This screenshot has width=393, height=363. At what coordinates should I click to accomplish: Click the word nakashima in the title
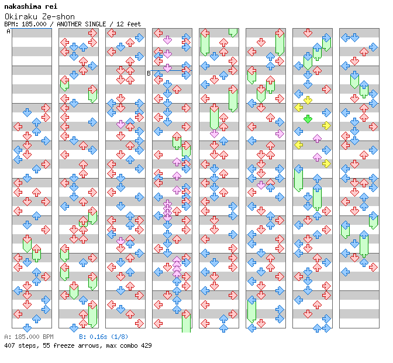(23, 6)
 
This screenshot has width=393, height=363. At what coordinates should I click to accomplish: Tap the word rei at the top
(51, 6)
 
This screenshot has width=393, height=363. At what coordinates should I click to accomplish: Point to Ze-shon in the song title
(58, 16)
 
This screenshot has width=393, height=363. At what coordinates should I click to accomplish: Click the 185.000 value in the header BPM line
(34, 24)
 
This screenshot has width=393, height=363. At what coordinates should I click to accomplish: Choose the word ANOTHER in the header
(69, 24)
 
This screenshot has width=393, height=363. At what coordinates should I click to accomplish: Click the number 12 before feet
(120, 24)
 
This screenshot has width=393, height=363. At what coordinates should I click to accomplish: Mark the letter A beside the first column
(8, 32)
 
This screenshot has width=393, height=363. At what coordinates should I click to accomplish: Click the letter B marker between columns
(149, 73)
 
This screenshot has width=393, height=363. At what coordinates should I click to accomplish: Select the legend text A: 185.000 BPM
(29, 337)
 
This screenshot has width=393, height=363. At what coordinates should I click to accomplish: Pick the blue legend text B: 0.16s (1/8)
(104, 337)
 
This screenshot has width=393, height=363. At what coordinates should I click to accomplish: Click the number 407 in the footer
(9, 345)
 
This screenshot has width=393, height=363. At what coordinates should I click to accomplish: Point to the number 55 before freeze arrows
(46, 345)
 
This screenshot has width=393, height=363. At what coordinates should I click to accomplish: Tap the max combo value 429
(146, 345)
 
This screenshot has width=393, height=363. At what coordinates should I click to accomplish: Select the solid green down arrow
(308, 119)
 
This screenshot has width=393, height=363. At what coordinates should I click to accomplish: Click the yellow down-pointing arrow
(308, 100)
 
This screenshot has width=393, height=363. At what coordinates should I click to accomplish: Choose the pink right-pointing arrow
(280, 133)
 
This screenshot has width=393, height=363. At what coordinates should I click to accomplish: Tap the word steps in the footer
(27, 345)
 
